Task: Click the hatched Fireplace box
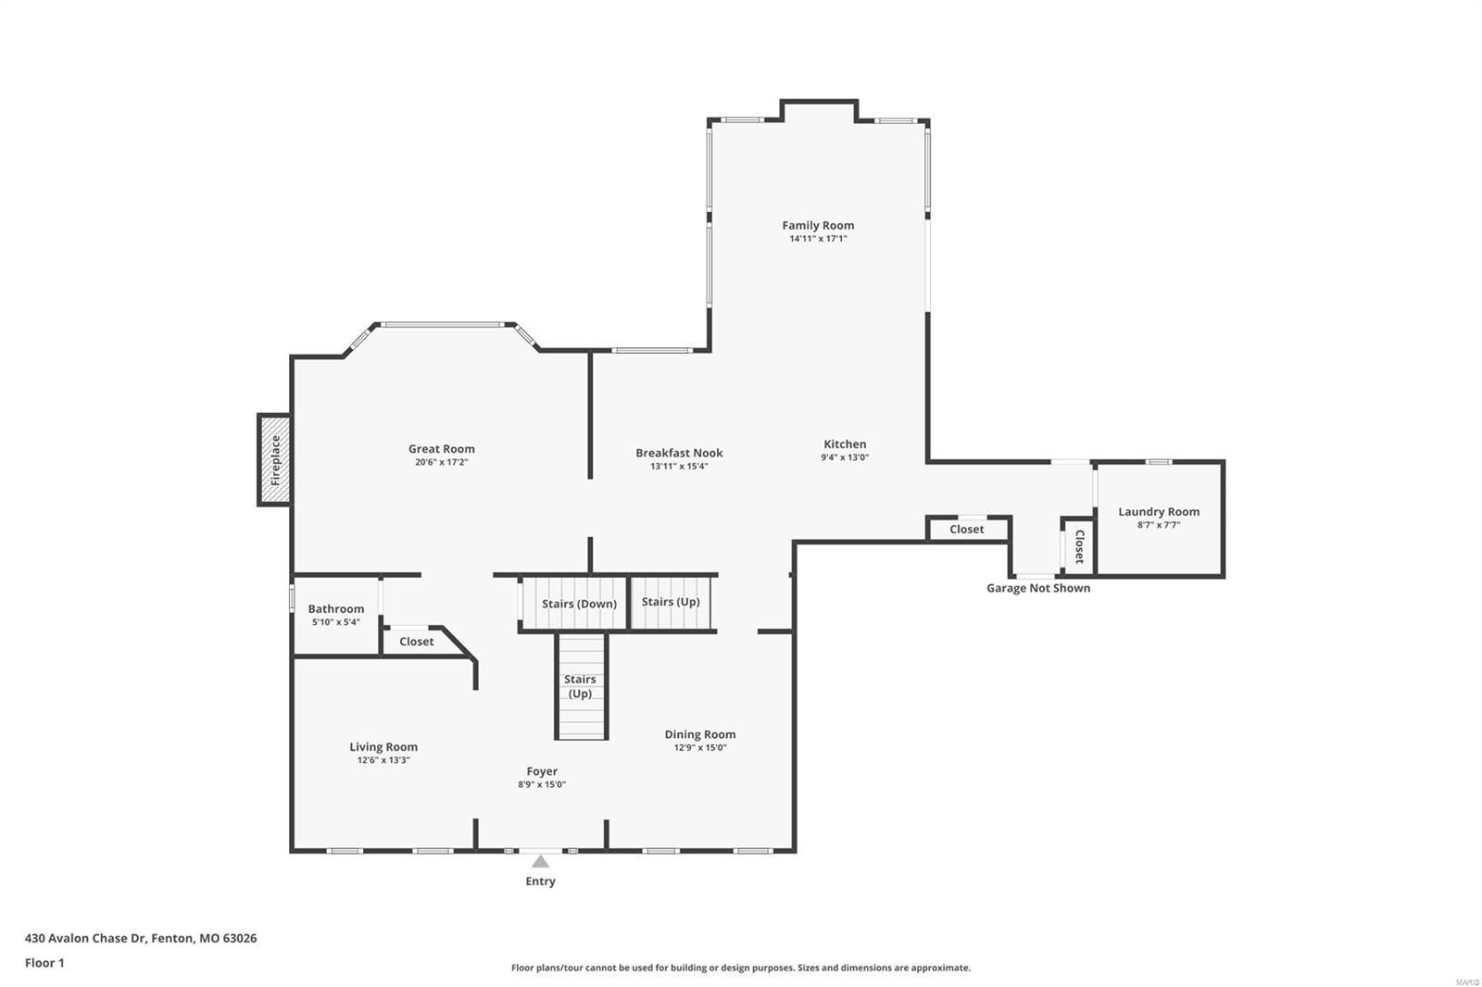(x=274, y=460)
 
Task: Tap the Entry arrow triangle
(x=540, y=862)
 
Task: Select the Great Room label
(x=442, y=449)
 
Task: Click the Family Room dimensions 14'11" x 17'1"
(x=818, y=239)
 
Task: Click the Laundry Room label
(x=1158, y=511)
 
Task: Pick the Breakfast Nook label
(x=679, y=453)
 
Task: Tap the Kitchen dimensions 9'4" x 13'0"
(x=845, y=457)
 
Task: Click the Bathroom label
(x=335, y=608)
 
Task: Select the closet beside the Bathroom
(x=417, y=642)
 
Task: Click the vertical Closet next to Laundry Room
(x=1079, y=547)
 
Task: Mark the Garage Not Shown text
(x=1037, y=588)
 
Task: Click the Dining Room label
(x=699, y=734)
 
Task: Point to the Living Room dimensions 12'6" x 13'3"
(x=383, y=760)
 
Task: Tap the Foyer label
(x=542, y=770)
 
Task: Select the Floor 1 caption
(x=44, y=963)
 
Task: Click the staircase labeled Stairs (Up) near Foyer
(x=581, y=686)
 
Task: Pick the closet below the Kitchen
(x=966, y=529)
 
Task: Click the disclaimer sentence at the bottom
(x=741, y=968)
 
